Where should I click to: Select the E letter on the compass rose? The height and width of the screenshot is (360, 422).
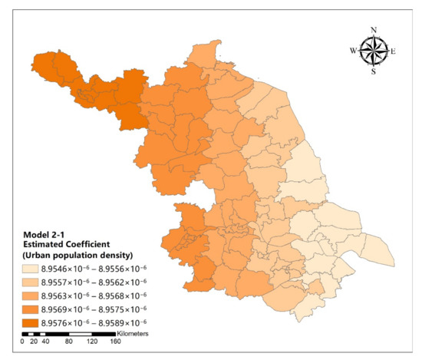[x=394, y=51]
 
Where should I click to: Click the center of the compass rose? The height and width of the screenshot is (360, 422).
[x=374, y=51]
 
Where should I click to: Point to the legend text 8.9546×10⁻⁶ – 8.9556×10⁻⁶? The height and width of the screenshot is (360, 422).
[x=106, y=269]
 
